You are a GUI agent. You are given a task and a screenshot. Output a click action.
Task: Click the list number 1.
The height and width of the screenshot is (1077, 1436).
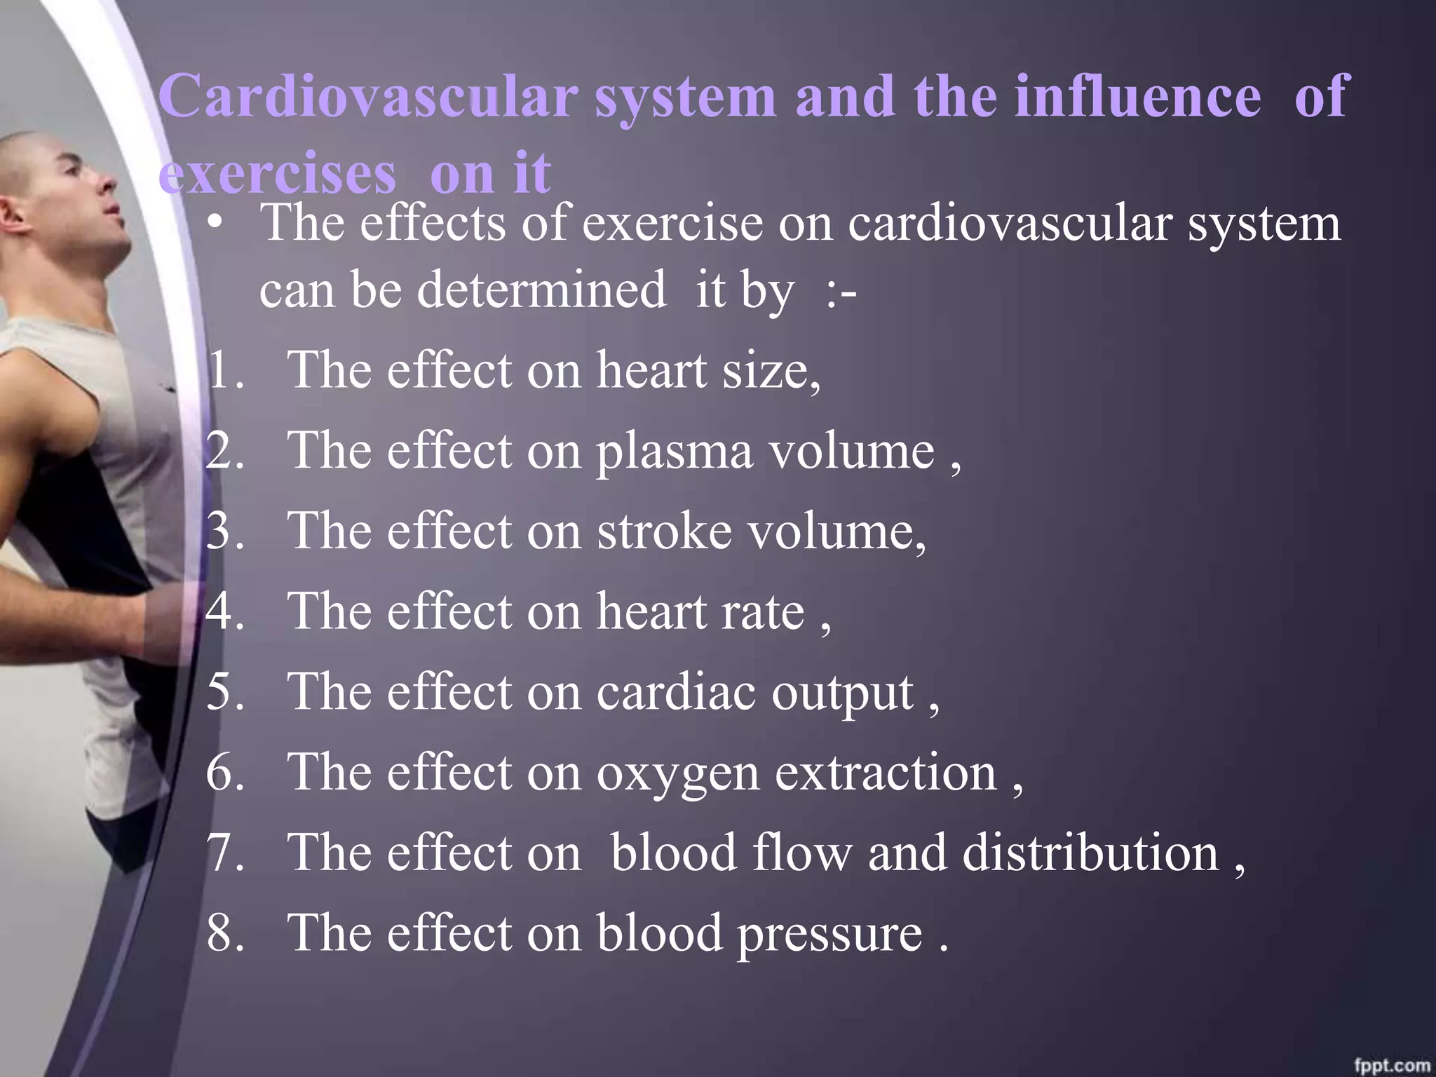pyautogui.click(x=224, y=370)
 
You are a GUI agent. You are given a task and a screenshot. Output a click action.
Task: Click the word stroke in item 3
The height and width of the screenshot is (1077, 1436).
pyautogui.click(x=663, y=531)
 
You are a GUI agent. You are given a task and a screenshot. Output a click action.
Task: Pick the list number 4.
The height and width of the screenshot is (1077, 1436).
pyautogui.click(x=224, y=611)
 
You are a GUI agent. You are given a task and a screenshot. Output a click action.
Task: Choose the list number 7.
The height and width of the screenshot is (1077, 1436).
pyautogui.click(x=224, y=853)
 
